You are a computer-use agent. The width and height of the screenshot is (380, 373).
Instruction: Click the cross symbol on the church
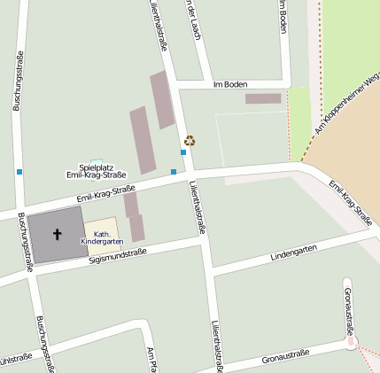point(58,235)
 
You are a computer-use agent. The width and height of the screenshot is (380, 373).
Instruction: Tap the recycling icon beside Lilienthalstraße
point(190,140)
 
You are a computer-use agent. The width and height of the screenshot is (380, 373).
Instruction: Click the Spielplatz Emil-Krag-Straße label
point(97,171)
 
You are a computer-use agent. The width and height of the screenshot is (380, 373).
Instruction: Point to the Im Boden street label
point(230,85)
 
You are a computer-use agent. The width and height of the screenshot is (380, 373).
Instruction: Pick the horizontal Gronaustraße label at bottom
point(285,357)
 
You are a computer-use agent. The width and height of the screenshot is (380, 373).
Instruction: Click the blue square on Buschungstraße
point(19,171)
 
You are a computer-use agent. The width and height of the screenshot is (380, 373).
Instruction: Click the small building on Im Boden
point(262,98)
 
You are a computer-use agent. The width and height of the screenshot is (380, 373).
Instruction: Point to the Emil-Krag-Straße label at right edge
point(350,203)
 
